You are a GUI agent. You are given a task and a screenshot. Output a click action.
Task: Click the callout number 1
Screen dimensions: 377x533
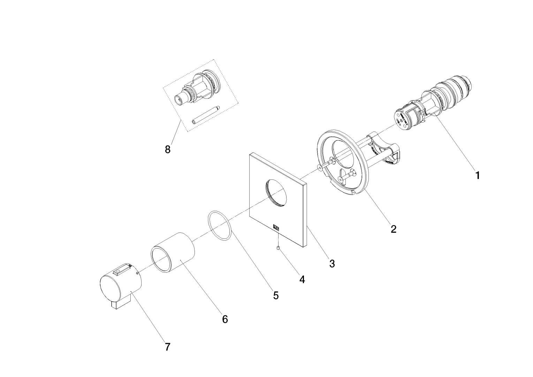478,175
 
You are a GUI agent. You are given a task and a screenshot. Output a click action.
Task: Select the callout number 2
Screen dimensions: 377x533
393,229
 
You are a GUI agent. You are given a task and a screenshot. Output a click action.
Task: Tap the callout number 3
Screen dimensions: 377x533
332,264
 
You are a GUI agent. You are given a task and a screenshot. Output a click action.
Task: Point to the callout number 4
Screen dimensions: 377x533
302,279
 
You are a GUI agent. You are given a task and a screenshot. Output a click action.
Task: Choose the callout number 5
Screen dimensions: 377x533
276,296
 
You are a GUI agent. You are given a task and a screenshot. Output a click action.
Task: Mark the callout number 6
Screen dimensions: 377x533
225,319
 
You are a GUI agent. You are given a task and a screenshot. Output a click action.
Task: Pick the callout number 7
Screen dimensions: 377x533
168,347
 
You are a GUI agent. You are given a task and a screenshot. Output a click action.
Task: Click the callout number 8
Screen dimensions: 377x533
168,149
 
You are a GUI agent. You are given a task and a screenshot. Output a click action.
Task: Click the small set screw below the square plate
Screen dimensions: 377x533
279,248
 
